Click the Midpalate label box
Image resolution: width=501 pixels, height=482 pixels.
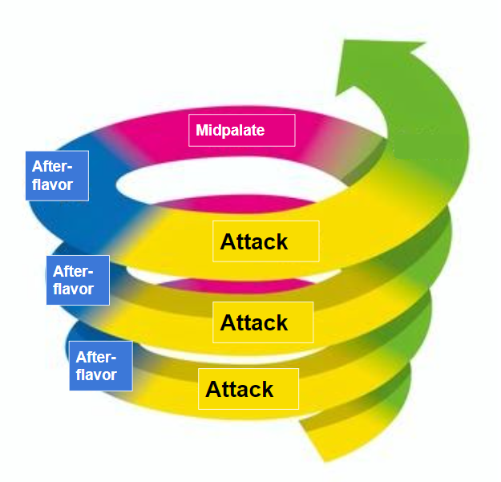(x=242, y=130)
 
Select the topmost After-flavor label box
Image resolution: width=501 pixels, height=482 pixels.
(x=57, y=176)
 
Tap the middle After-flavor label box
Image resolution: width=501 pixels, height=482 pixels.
(x=78, y=280)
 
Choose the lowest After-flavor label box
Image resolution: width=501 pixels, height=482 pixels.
(x=100, y=366)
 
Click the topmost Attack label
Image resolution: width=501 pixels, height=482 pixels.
(x=265, y=241)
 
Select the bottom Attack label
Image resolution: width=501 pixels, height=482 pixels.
(x=248, y=390)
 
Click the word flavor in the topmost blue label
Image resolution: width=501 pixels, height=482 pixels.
(x=52, y=185)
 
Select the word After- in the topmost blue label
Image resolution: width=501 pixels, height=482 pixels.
(x=51, y=167)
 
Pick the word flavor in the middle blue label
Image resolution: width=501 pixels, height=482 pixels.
(x=74, y=290)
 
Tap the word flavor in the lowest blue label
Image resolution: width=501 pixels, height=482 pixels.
(x=96, y=375)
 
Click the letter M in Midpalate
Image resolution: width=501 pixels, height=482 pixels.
(x=203, y=130)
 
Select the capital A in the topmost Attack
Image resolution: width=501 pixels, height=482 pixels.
(x=228, y=241)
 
